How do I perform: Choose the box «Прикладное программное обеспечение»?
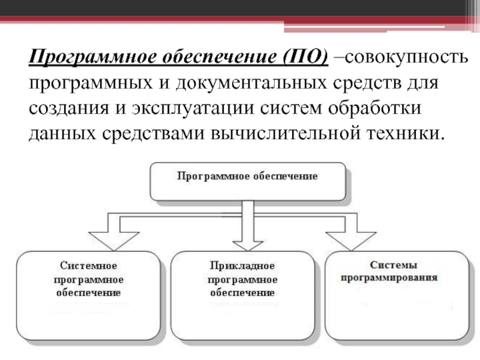(242, 295)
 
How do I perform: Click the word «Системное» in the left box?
(88, 265)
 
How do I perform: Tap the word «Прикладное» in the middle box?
(242, 265)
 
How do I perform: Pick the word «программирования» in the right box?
(389, 278)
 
